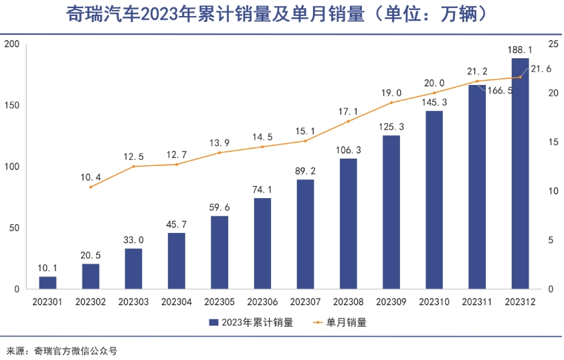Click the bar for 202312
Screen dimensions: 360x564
[x=520, y=174]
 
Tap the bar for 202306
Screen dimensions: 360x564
[x=262, y=244]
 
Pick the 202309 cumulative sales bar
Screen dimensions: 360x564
[x=391, y=212]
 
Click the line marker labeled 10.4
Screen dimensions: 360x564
[x=91, y=187]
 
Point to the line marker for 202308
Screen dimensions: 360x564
[x=349, y=121]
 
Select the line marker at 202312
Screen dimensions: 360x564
[x=520, y=77]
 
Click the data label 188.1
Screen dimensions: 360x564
[x=520, y=50]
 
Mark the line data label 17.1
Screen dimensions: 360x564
[x=349, y=111]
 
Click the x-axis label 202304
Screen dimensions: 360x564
[x=177, y=302]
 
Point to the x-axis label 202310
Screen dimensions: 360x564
[x=434, y=302]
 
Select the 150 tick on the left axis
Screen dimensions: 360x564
[x=13, y=106]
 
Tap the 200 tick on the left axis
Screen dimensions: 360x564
[x=13, y=44]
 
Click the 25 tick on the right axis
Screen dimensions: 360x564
[x=553, y=44]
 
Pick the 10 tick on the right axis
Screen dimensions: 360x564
[x=553, y=191]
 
